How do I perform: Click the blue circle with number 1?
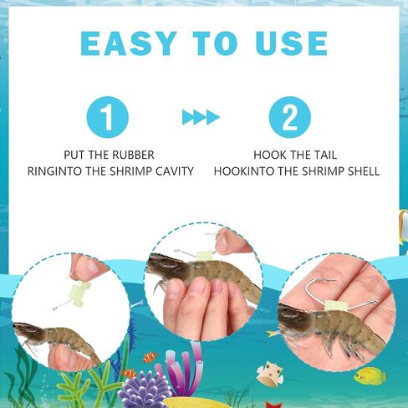coord(108,117)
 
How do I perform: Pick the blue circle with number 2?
coord(290,117)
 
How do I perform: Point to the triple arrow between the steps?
coord(201,117)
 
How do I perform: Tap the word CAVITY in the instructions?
coord(175,171)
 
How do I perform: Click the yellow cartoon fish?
coord(370,376)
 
